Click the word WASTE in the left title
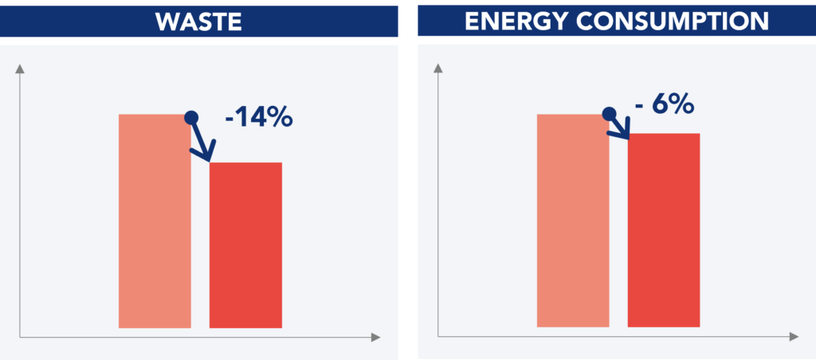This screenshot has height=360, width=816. coord(198,21)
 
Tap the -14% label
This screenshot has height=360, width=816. coord(259,119)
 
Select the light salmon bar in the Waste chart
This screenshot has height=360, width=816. coord(155,221)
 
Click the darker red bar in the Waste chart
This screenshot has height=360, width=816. coord(245,245)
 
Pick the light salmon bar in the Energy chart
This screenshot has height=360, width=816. coord(573,221)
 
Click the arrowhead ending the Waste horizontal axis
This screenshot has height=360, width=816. coord(376,338)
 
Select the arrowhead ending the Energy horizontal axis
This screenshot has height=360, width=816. coord(794,338)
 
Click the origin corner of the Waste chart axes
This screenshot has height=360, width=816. coord(20,338)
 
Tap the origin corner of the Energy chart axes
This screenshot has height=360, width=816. coord(437,338)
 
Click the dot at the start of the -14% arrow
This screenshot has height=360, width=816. coord(190,118)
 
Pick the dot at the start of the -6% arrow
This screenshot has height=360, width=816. coord(608,113)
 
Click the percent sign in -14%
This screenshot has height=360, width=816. coord(280,119)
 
